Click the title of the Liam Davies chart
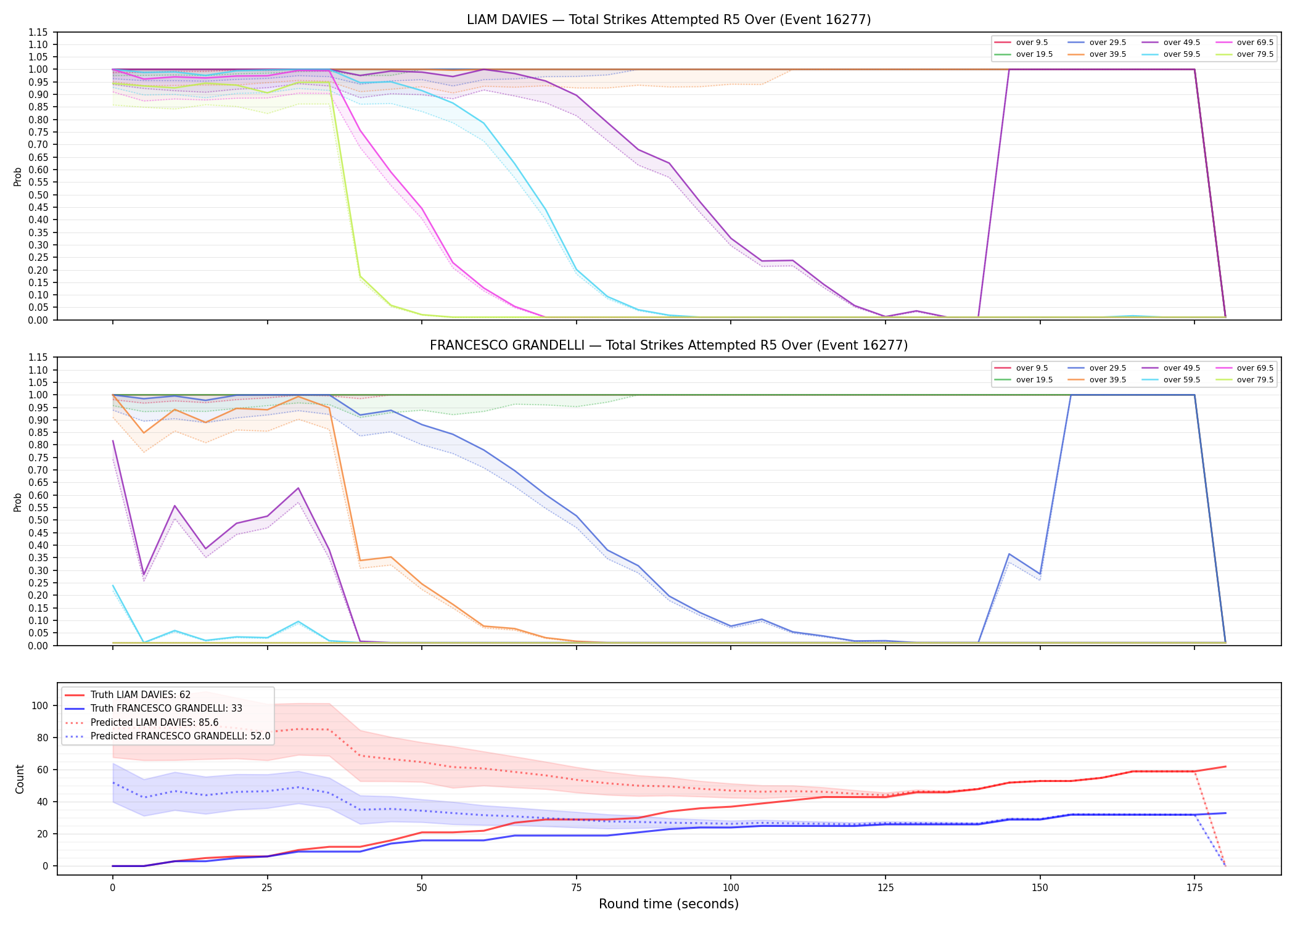click(x=668, y=20)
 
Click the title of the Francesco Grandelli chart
click(x=668, y=345)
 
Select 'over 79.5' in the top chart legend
click(x=1255, y=54)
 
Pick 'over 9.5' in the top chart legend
click(x=1032, y=43)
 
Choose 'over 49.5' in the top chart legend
click(x=1182, y=43)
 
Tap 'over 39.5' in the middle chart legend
click(x=1108, y=380)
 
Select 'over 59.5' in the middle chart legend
click(x=1182, y=380)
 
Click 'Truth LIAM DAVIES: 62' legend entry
click(x=141, y=695)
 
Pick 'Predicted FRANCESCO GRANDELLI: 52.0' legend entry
click(x=181, y=736)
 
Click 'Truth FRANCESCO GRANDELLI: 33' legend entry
click(x=166, y=709)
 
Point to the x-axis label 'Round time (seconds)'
click(x=668, y=904)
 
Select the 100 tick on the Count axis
click(x=40, y=705)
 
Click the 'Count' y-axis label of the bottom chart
click(x=20, y=779)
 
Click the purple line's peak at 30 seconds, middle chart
click(x=298, y=488)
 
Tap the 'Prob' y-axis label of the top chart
click(x=18, y=176)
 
